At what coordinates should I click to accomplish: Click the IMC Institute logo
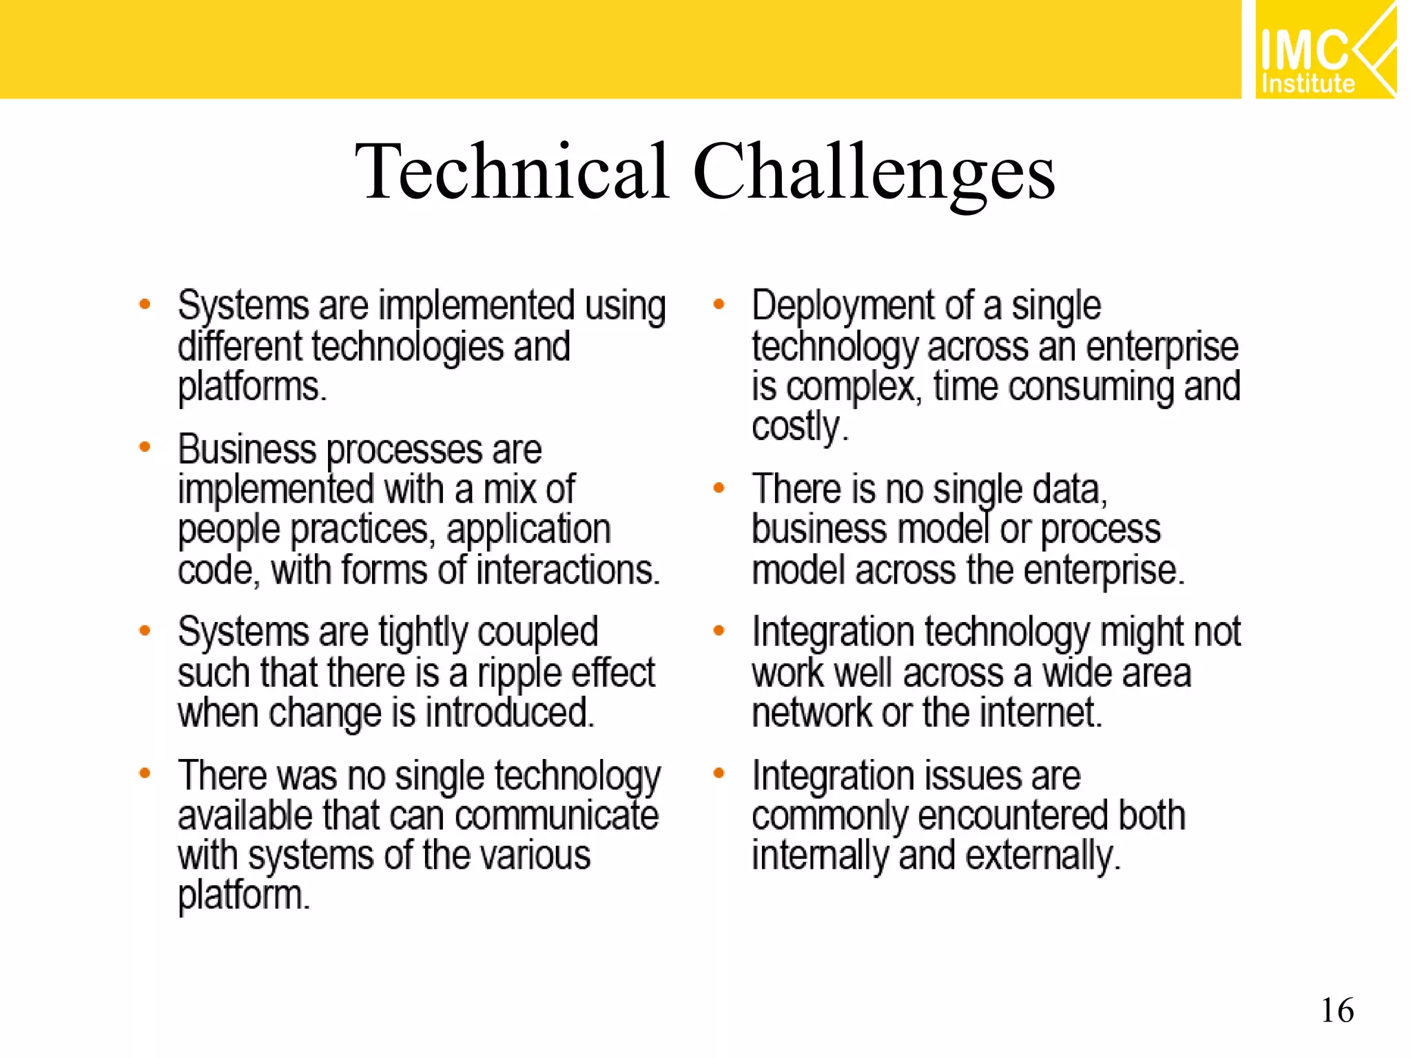tap(1325, 50)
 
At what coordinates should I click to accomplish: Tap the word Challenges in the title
tap(874, 172)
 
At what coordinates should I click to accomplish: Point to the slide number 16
tap(1337, 1010)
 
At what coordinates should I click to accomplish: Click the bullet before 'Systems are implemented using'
tap(145, 304)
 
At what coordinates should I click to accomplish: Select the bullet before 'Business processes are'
tap(145, 447)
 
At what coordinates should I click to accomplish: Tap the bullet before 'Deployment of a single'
tap(719, 304)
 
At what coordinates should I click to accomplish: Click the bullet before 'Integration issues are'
tap(719, 774)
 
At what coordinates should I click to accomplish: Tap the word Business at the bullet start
tap(247, 449)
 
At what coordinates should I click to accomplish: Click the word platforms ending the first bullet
tap(251, 387)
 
